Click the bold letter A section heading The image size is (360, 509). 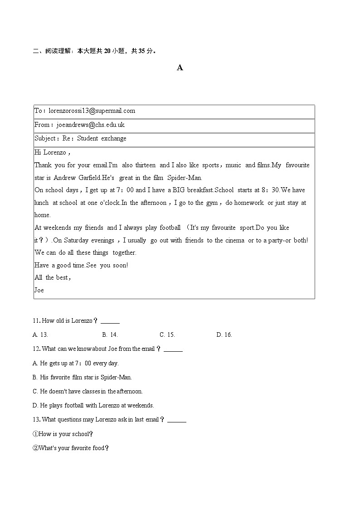pos(180,68)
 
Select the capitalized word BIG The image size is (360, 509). pos(185,190)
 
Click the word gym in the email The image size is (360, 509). pos(212,203)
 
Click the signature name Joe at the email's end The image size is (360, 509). pos(39,290)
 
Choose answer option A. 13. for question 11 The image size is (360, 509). pos(40,334)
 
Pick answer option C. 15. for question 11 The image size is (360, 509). pos(167,334)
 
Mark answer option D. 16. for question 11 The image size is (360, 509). pos(224,334)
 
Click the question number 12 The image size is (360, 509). pos(36,349)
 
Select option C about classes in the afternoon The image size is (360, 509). pos(88,391)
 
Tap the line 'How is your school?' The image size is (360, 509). pos(63,434)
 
